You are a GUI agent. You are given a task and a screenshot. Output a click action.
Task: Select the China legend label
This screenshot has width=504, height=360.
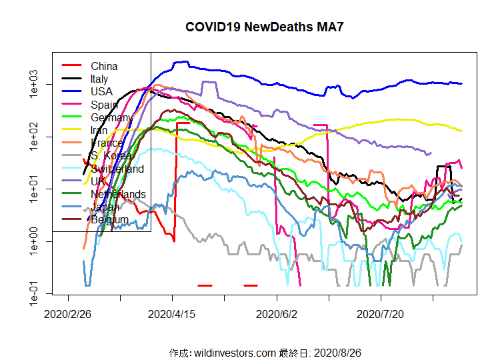(104, 66)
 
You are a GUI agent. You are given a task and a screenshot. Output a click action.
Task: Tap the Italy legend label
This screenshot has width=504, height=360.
(99, 79)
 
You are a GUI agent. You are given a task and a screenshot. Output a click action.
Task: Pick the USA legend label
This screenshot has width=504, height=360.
(101, 91)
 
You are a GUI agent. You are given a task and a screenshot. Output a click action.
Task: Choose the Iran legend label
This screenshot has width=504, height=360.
(99, 130)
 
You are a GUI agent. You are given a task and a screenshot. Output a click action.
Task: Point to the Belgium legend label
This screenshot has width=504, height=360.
(109, 220)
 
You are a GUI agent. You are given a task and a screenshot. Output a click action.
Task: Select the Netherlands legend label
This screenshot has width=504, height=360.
(118, 194)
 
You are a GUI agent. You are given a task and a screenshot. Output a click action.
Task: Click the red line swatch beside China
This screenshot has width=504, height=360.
(71, 65)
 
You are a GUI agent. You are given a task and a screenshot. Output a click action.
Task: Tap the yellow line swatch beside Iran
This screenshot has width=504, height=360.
(71, 130)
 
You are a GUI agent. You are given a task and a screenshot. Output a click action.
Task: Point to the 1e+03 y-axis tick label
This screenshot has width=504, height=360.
(35, 85)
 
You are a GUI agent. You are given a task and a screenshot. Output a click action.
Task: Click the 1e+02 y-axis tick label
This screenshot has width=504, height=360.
(35, 137)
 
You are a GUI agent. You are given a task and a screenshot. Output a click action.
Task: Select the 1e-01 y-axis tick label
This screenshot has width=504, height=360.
(35, 293)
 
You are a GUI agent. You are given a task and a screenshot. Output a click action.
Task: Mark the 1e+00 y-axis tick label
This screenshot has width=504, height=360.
(35, 241)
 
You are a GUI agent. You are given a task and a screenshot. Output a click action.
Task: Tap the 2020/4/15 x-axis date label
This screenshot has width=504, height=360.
(173, 313)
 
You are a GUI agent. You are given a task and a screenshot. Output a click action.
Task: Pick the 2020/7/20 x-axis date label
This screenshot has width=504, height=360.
(382, 313)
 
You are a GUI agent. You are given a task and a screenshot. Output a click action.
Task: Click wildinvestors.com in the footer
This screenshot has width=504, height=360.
(234, 352)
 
